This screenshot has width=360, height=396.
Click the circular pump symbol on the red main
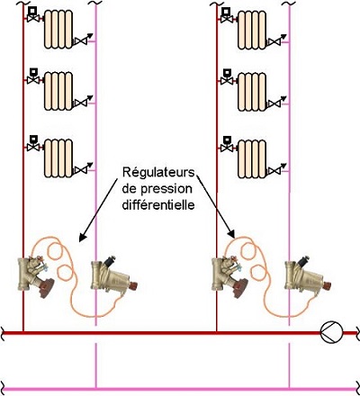tap(331, 332)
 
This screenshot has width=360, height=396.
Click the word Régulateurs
tap(158, 173)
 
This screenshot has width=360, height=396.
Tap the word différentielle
tap(158, 205)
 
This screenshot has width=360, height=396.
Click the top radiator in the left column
tap(58, 29)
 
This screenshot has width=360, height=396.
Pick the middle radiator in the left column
tap(58, 91)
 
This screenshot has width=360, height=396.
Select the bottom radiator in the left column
tap(58, 158)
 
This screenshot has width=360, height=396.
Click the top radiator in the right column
tap(252, 30)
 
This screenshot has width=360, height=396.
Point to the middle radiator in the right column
tap(252, 92)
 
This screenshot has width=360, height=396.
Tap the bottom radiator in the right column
tap(252, 158)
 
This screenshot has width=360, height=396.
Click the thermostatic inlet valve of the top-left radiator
tap(33, 15)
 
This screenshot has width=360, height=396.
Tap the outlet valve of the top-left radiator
tap(82, 40)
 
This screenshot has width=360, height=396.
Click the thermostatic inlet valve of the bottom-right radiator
tap(227, 144)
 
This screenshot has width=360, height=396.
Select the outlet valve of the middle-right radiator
tap(276, 102)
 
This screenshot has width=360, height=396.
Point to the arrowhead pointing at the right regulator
tap(231, 234)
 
